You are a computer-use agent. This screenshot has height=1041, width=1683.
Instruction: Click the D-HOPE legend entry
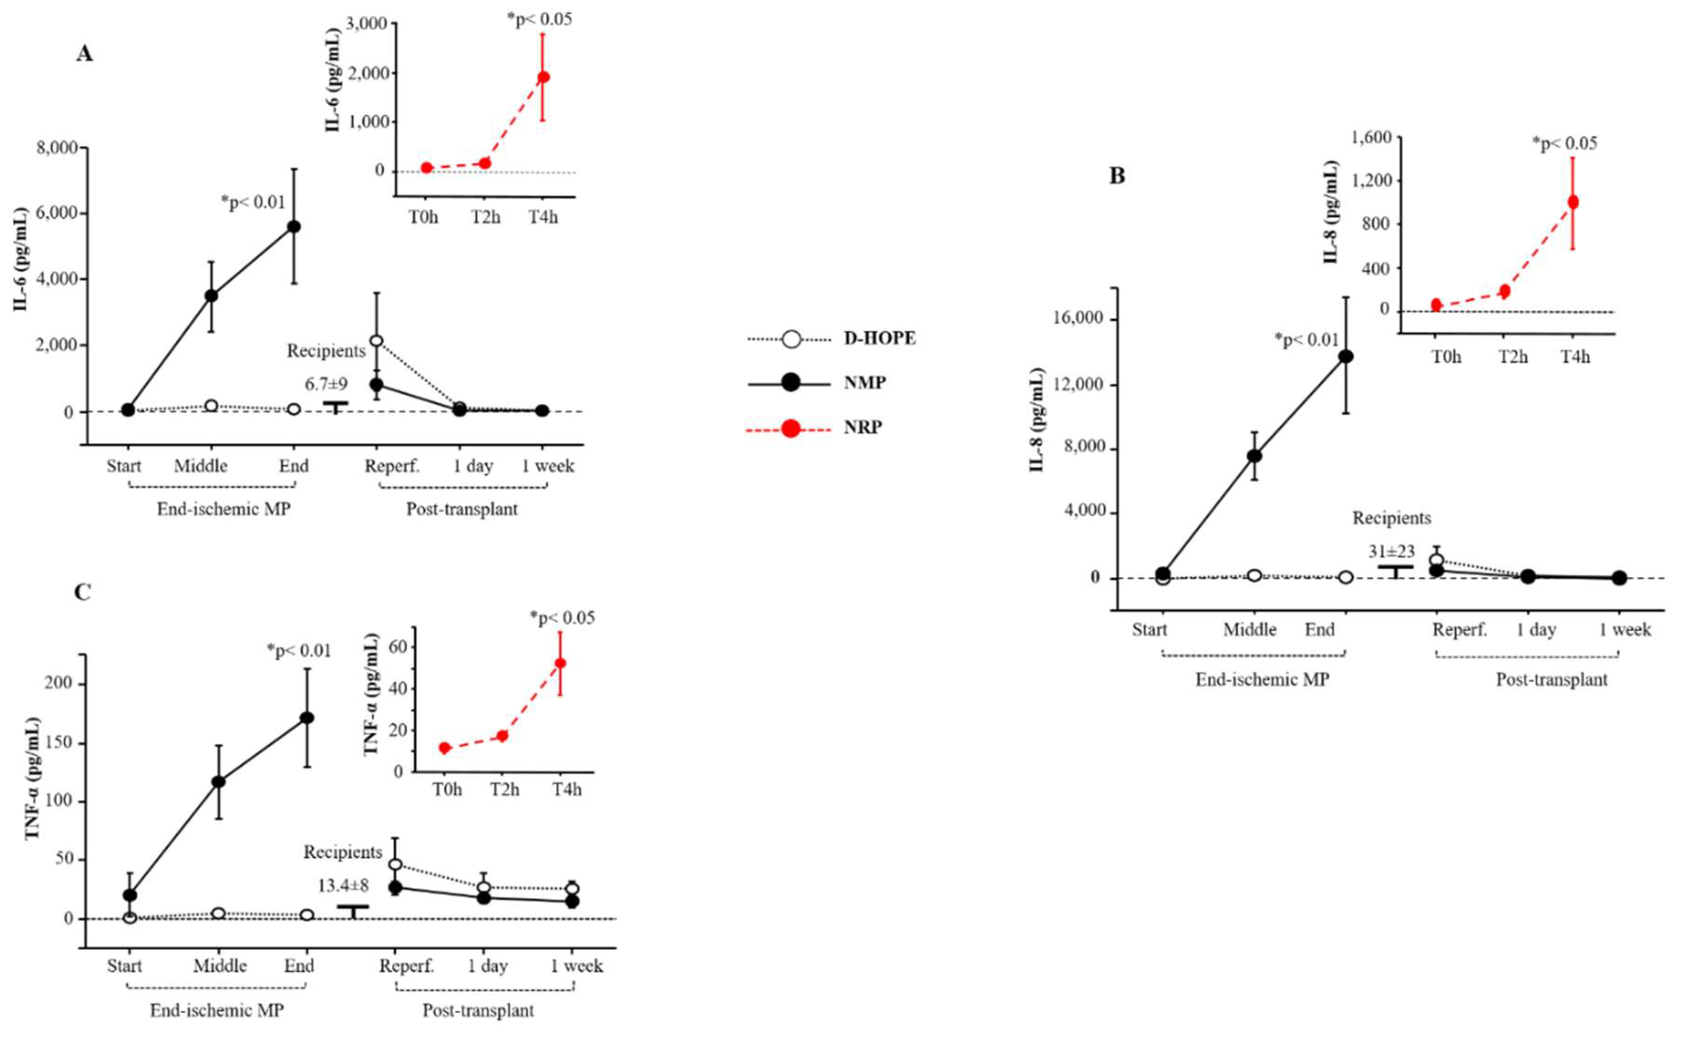tap(879, 339)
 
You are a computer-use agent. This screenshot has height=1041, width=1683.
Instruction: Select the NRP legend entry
tap(863, 428)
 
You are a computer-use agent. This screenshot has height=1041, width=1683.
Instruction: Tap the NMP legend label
tap(865, 382)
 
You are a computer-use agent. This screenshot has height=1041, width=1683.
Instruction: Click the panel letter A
tap(84, 54)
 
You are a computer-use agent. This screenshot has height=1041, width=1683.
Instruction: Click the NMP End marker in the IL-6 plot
tap(294, 227)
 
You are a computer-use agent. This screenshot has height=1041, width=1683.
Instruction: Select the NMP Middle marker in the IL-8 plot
tap(1254, 455)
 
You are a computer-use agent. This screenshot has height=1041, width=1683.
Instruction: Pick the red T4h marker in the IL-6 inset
tap(543, 77)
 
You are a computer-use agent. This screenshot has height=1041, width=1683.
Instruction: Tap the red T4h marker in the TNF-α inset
tap(561, 663)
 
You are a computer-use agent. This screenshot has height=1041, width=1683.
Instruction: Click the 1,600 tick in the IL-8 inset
tap(1371, 138)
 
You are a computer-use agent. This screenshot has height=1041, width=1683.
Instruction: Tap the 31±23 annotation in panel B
tap(1391, 552)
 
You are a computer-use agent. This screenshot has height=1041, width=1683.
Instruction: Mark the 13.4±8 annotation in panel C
tap(343, 885)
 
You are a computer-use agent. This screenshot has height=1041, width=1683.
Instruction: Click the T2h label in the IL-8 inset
tap(1512, 357)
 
